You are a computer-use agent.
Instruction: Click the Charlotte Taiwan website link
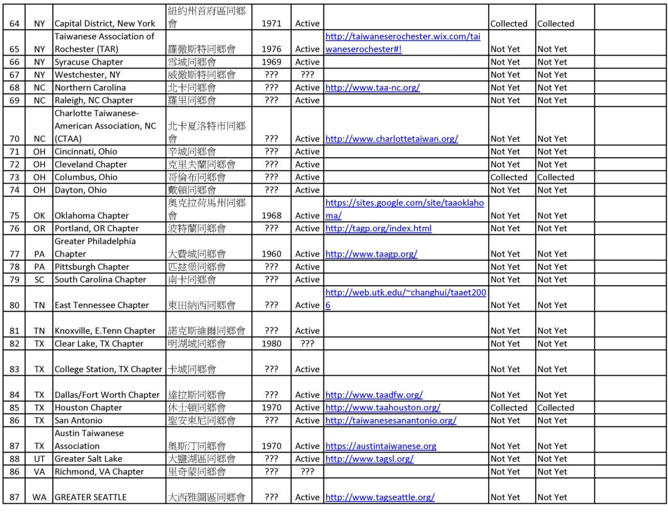pyautogui.click(x=392, y=139)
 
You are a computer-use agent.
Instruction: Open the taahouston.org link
pyautogui.click(x=383, y=408)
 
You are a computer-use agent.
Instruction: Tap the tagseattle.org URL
pyautogui.click(x=380, y=498)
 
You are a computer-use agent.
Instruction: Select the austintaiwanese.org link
pyautogui.click(x=380, y=446)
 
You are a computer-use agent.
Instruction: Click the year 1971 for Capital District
pyautogui.click(x=272, y=24)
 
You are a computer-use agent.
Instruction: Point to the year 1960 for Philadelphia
pyautogui.click(x=272, y=254)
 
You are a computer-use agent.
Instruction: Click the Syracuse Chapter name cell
pyautogui.click(x=88, y=62)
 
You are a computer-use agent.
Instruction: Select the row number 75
pyautogui.click(x=12, y=216)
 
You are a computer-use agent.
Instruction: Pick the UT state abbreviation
pyautogui.click(x=40, y=459)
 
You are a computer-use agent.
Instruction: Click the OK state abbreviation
pyautogui.click(x=40, y=216)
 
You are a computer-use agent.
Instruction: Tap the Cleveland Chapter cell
pyautogui.click(x=90, y=164)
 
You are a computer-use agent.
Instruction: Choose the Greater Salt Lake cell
pyautogui.click(x=88, y=459)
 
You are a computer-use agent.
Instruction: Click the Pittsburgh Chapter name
pyautogui.click(x=92, y=267)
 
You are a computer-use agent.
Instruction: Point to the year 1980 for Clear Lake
pyautogui.click(x=272, y=344)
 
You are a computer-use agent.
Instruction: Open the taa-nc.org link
pyautogui.click(x=372, y=88)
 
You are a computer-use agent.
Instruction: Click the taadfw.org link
pyautogui.click(x=374, y=395)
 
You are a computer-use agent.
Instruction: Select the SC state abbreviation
pyautogui.click(x=40, y=280)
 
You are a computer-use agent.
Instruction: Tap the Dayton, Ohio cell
pyautogui.click(x=80, y=190)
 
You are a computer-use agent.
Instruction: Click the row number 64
pyautogui.click(x=12, y=24)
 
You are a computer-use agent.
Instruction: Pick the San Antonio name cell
pyautogui.click(x=79, y=421)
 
